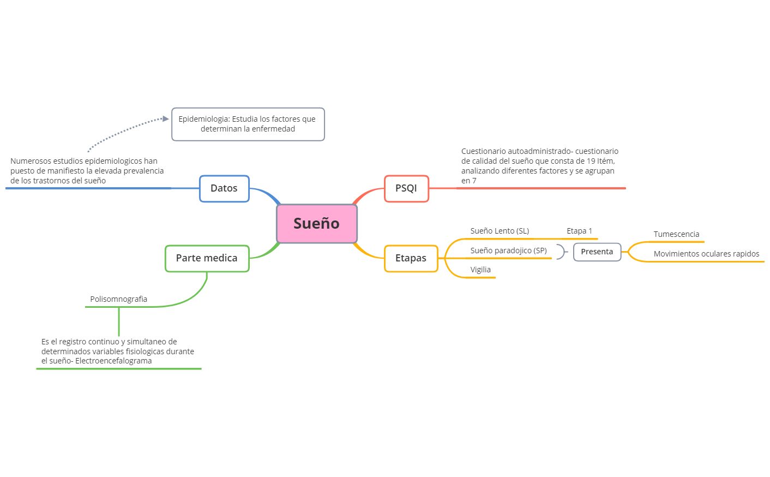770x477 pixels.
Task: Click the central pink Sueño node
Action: (x=317, y=224)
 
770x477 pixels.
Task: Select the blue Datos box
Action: (x=224, y=188)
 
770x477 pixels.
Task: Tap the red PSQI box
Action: (x=406, y=188)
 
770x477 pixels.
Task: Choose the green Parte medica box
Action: (x=207, y=258)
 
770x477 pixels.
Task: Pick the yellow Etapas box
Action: (x=411, y=258)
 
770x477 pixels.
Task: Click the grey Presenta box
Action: (x=597, y=252)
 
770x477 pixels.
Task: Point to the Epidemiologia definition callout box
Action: (x=248, y=124)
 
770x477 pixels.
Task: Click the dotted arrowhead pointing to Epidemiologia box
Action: (x=166, y=118)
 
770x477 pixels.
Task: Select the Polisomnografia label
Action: (x=118, y=299)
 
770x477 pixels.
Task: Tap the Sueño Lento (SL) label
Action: (x=500, y=231)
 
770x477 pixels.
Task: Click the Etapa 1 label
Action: (x=579, y=231)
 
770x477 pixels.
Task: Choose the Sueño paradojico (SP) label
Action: (x=508, y=251)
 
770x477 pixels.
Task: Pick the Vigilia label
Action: (x=480, y=270)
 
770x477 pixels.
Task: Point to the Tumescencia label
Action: (x=676, y=234)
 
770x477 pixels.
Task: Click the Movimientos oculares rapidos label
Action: (x=706, y=254)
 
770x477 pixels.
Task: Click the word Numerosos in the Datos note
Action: (x=31, y=161)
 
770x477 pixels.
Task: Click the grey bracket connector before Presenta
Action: (x=561, y=252)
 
